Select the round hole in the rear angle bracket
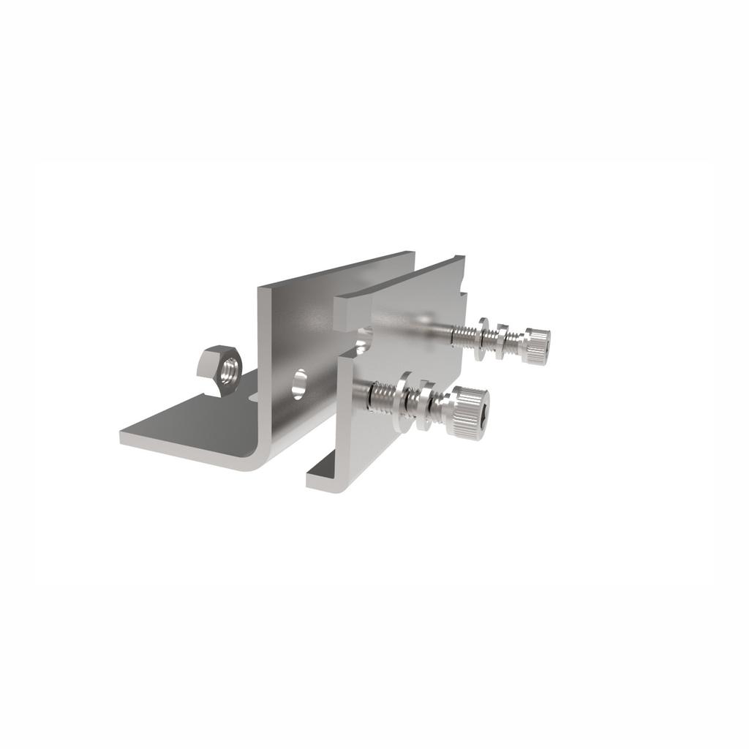coord(300,383)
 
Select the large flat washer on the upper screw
coord(483,338)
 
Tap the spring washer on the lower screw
coord(425,406)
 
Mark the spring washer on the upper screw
coord(501,341)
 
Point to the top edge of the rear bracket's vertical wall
coord(336,271)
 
